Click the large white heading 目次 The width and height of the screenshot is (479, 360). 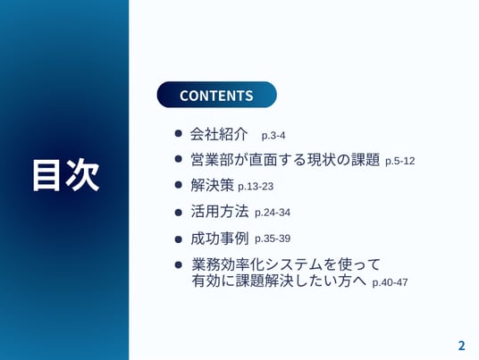click(66, 175)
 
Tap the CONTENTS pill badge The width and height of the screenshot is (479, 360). click(216, 95)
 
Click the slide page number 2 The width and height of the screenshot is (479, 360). click(461, 346)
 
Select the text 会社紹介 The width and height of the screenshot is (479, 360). click(219, 134)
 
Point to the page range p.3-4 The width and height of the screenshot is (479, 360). click(273, 135)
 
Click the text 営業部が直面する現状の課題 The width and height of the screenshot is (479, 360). click(285, 159)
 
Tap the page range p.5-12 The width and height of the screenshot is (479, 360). click(399, 161)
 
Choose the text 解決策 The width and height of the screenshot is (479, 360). click(212, 185)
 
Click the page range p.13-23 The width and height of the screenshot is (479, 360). click(256, 187)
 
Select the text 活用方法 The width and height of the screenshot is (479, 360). click(219, 212)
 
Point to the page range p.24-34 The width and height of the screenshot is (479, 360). click(273, 213)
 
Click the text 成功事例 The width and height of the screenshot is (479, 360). click(219, 239)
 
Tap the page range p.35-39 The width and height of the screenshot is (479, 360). click(273, 239)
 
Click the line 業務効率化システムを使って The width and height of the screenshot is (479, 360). click(286, 264)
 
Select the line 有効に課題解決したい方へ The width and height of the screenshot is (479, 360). click(279, 280)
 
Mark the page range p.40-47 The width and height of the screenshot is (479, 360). click(391, 282)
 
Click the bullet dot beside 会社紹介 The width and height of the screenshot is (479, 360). click(179, 133)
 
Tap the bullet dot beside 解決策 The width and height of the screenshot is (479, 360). click(179, 185)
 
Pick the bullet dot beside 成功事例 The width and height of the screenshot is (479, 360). click(179, 239)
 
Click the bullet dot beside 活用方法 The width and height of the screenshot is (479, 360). click(179, 213)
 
